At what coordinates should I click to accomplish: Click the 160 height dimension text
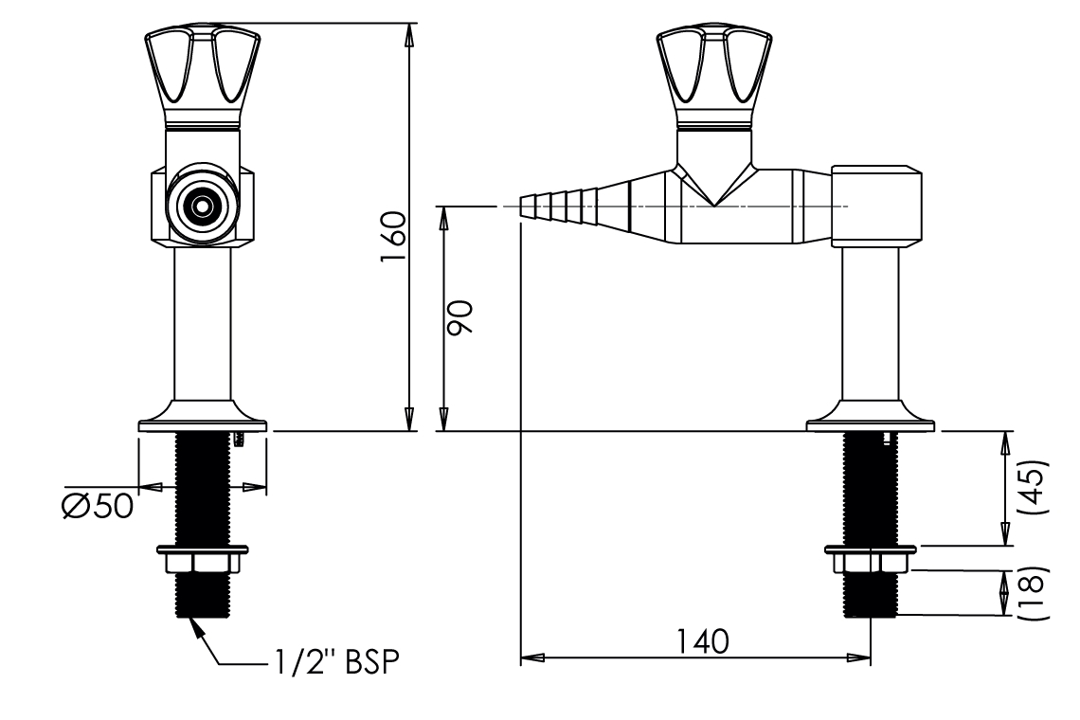[x=395, y=241]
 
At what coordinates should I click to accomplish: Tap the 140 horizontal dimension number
[x=702, y=641]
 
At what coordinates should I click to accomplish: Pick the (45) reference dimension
[x=1035, y=487]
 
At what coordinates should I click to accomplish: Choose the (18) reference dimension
[x=1035, y=593]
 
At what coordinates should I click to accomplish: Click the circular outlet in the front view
[x=201, y=206]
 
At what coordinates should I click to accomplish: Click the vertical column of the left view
[x=202, y=322]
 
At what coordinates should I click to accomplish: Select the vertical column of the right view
[x=870, y=322]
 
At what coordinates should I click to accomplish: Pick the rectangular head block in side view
[x=876, y=206]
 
